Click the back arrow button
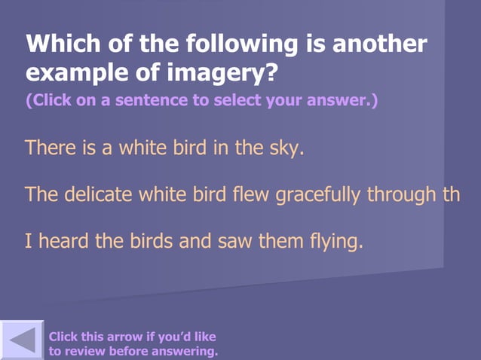pyautogui.click(x=22, y=340)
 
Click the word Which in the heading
pyautogui.click(x=59, y=44)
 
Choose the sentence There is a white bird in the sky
pyautogui.click(x=164, y=147)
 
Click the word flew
pyautogui.click(x=252, y=194)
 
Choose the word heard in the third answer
pyautogui.click(x=63, y=242)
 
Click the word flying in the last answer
pyautogui.click(x=336, y=242)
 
